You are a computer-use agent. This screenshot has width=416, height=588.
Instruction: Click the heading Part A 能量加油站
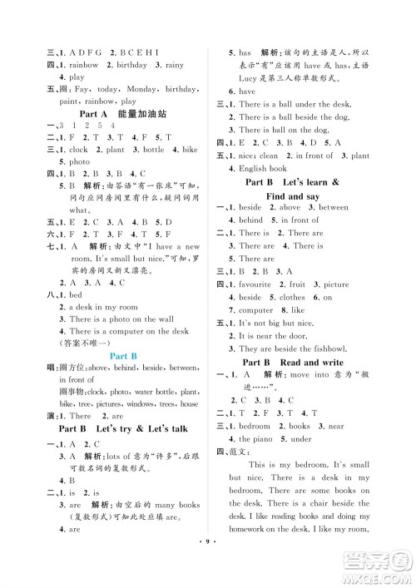pos(132,112)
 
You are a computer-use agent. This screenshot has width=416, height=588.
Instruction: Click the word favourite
pos(261,284)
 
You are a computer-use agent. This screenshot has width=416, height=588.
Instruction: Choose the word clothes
pos(293,297)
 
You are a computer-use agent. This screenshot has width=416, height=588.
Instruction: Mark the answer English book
pos(266,168)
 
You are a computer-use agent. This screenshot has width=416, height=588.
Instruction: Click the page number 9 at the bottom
pos(208,571)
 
